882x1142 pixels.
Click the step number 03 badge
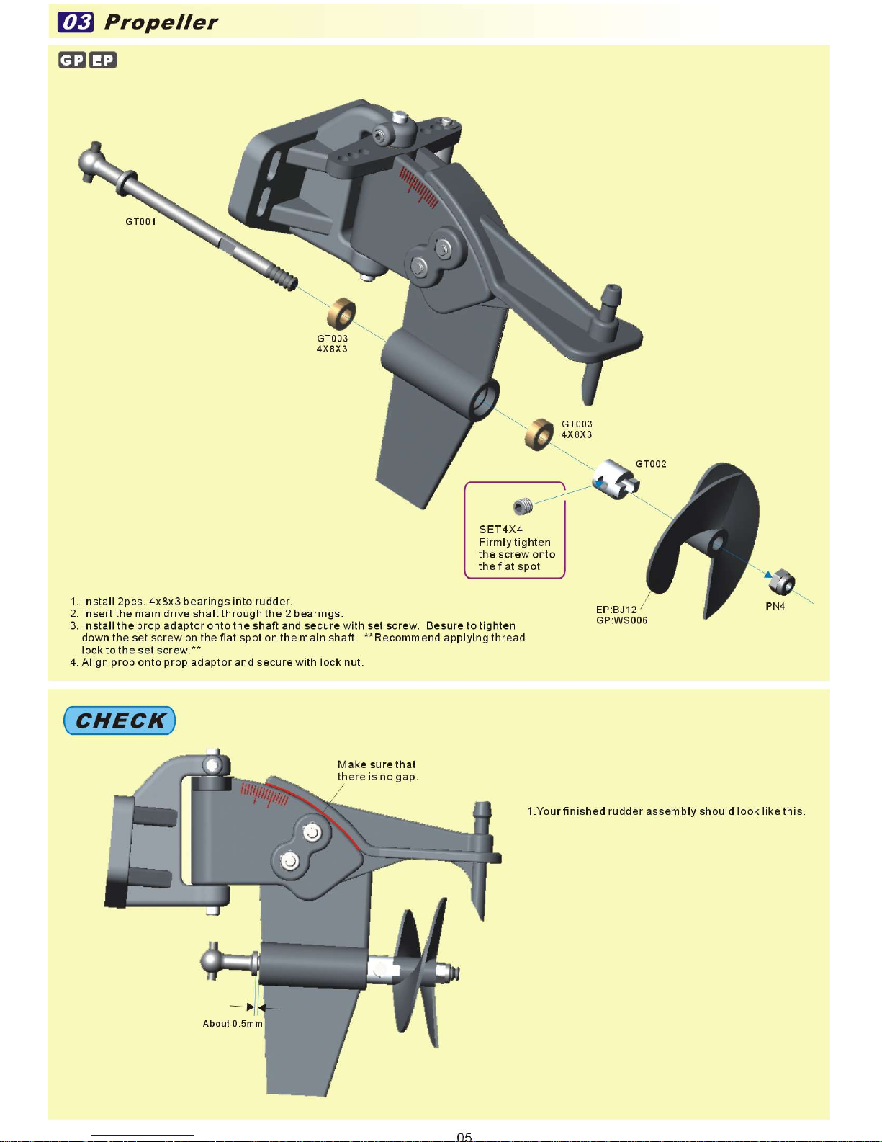point(75,22)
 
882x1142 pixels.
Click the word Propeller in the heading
point(161,22)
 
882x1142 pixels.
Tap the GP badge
point(72,60)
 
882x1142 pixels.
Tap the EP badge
point(103,60)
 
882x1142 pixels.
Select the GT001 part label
point(140,222)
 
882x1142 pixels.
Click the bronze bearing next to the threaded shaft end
point(341,313)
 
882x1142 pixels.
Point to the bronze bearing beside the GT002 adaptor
point(539,434)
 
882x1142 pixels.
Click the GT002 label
point(651,464)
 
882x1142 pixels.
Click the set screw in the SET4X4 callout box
point(524,507)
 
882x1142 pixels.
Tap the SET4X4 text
point(500,530)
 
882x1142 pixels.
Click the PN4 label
point(775,606)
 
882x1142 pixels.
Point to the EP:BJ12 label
point(616,610)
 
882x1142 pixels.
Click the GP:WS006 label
point(621,620)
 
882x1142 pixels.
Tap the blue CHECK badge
point(120,721)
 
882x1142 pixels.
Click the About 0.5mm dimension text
point(233,1023)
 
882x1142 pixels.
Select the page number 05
point(464,1136)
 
